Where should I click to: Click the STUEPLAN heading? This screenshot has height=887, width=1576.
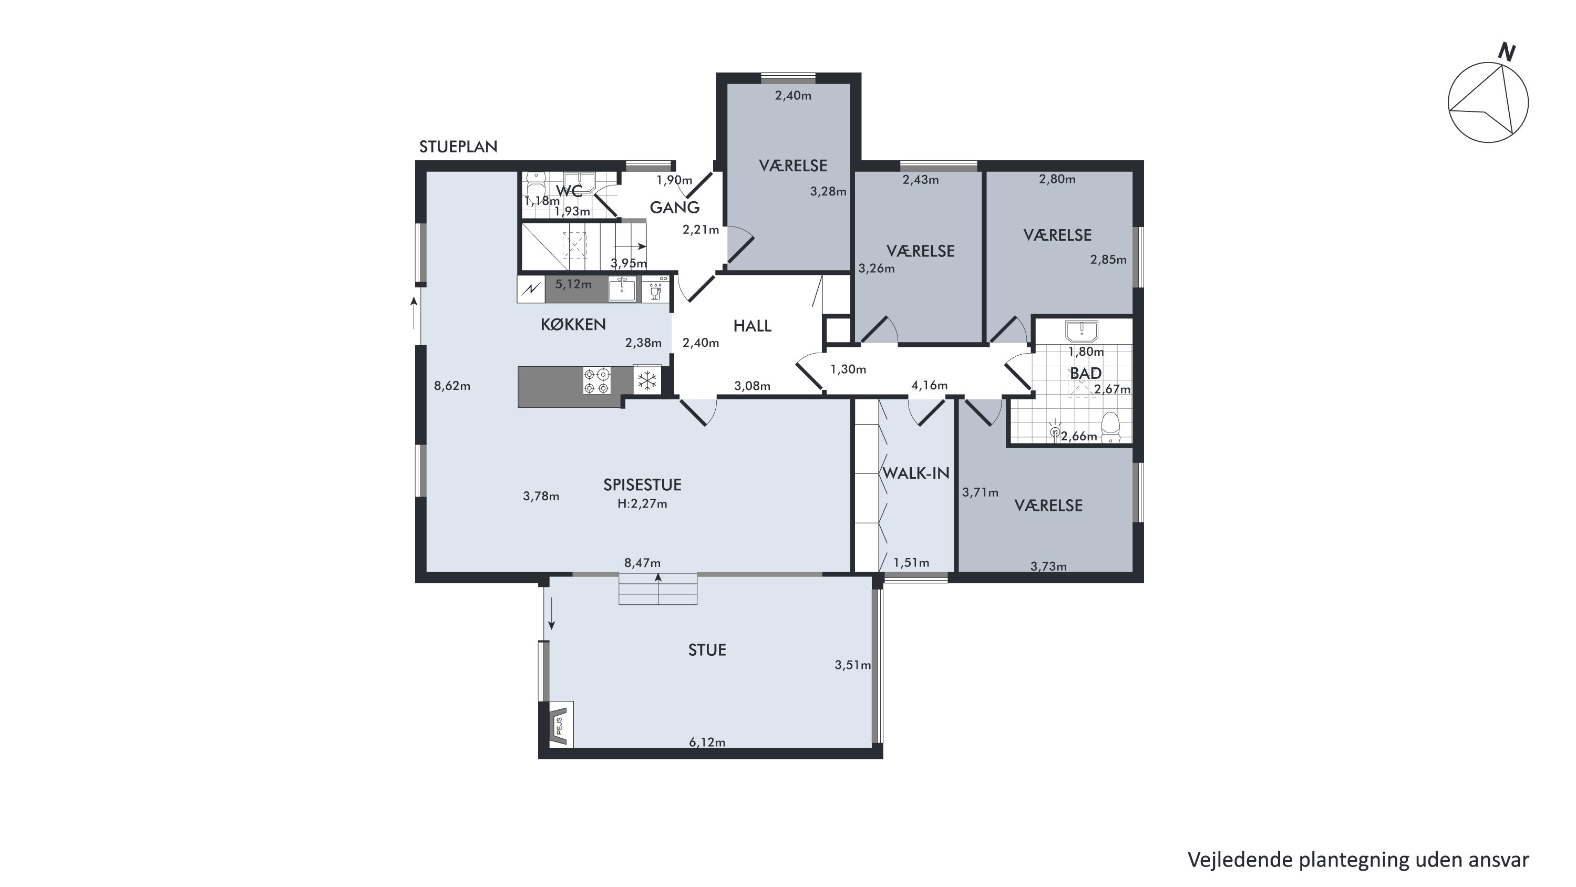(x=458, y=147)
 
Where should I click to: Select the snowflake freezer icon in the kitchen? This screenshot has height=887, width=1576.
(x=647, y=380)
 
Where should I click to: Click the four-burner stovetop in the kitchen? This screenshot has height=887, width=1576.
(x=596, y=380)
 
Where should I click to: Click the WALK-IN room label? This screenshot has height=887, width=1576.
(x=915, y=473)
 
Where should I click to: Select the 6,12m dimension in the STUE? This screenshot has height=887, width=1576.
(x=707, y=742)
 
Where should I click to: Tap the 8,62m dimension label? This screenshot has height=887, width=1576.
(x=452, y=386)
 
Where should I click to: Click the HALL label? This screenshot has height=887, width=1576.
(x=753, y=326)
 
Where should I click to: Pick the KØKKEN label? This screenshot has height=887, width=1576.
(x=573, y=324)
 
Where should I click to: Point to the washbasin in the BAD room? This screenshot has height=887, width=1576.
(x=1081, y=331)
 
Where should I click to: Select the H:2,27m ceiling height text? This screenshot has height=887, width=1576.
(x=642, y=504)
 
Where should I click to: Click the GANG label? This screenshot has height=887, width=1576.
(x=675, y=208)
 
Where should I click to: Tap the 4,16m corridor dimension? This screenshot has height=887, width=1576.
(x=929, y=385)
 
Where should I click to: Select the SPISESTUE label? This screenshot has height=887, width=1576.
(x=642, y=485)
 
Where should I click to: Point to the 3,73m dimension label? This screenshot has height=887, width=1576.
(x=1048, y=566)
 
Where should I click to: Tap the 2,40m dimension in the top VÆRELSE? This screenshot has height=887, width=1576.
(x=794, y=96)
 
